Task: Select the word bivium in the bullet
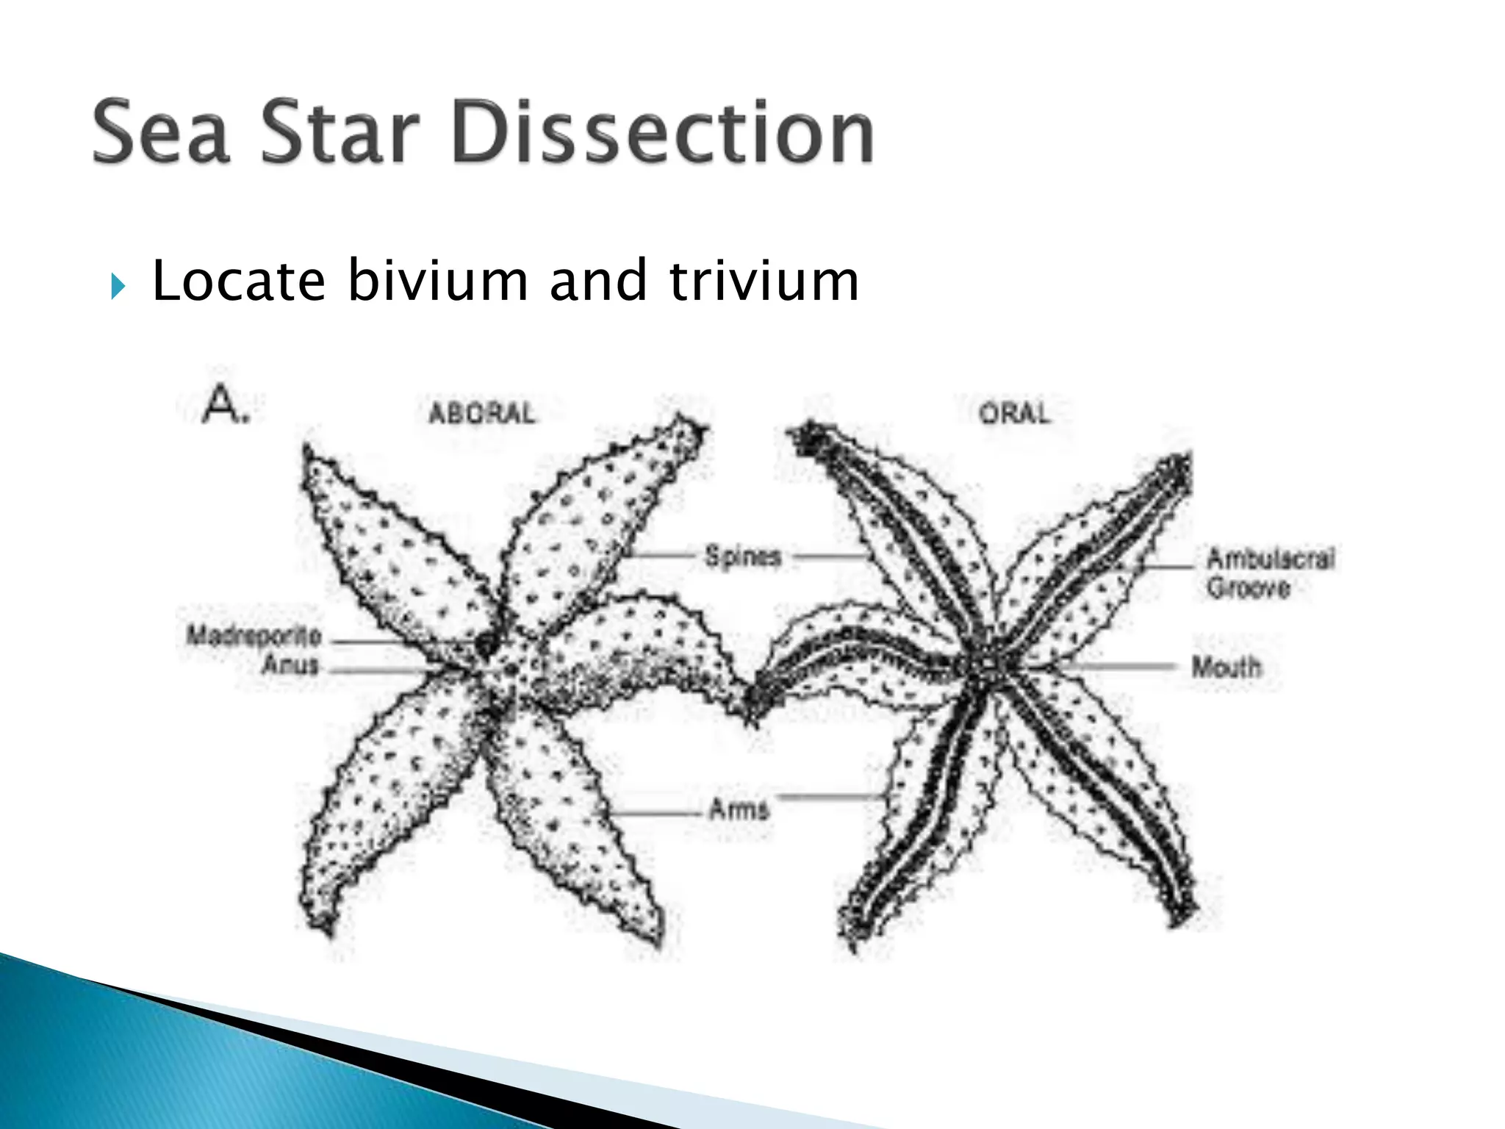[437, 282]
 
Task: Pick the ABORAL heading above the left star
[482, 413]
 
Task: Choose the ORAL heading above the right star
[1015, 413]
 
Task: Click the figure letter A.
[223, 405]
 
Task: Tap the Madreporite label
[254, 635]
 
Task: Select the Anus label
[291, 666]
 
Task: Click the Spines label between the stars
[742, 556]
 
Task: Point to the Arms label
[739, 810]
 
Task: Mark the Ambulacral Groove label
[1270, 573]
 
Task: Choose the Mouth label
[1226, 667]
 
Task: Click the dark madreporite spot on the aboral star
[485, 645]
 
